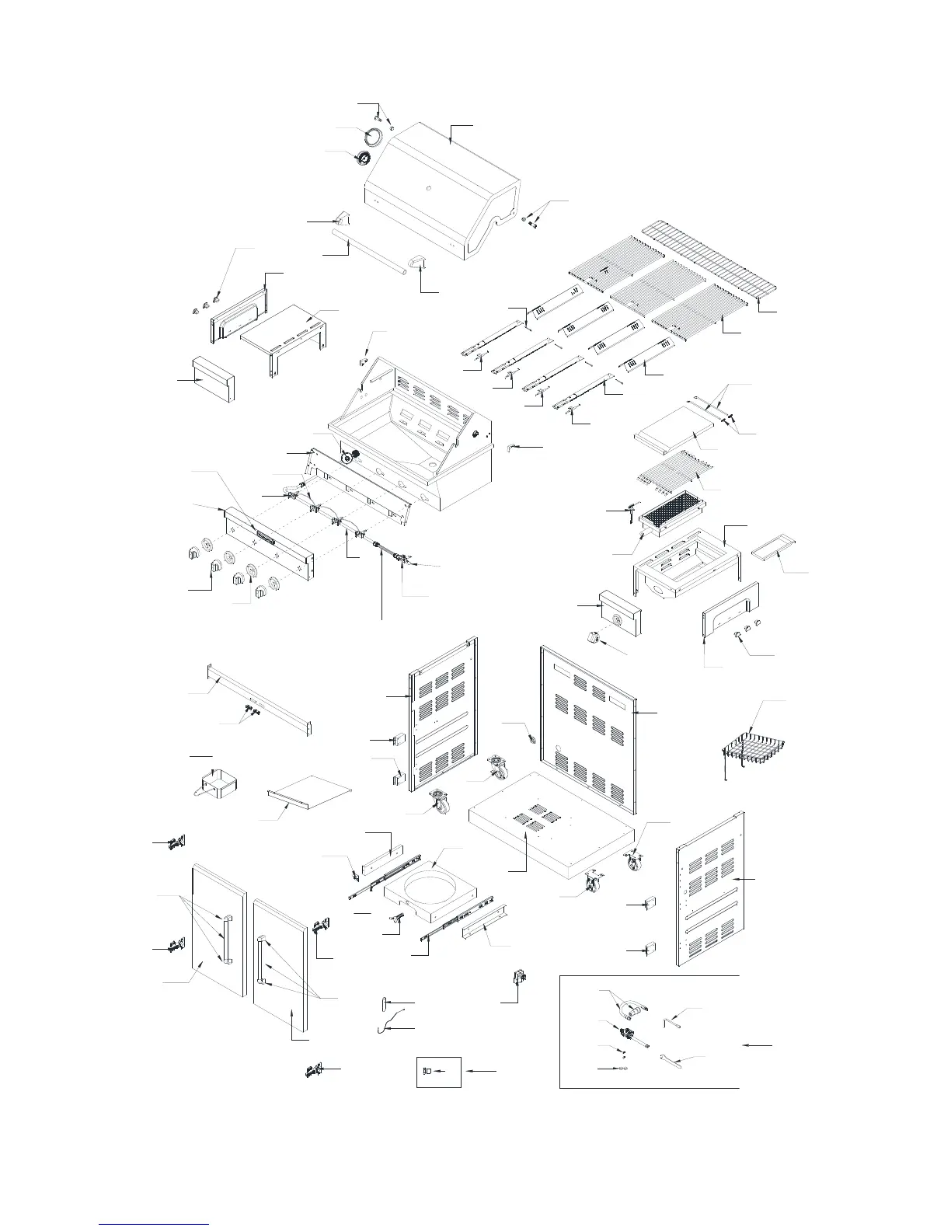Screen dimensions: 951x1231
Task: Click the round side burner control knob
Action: [x=596, y=638]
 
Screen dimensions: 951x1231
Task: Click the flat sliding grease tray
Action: [x=308, y=798]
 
